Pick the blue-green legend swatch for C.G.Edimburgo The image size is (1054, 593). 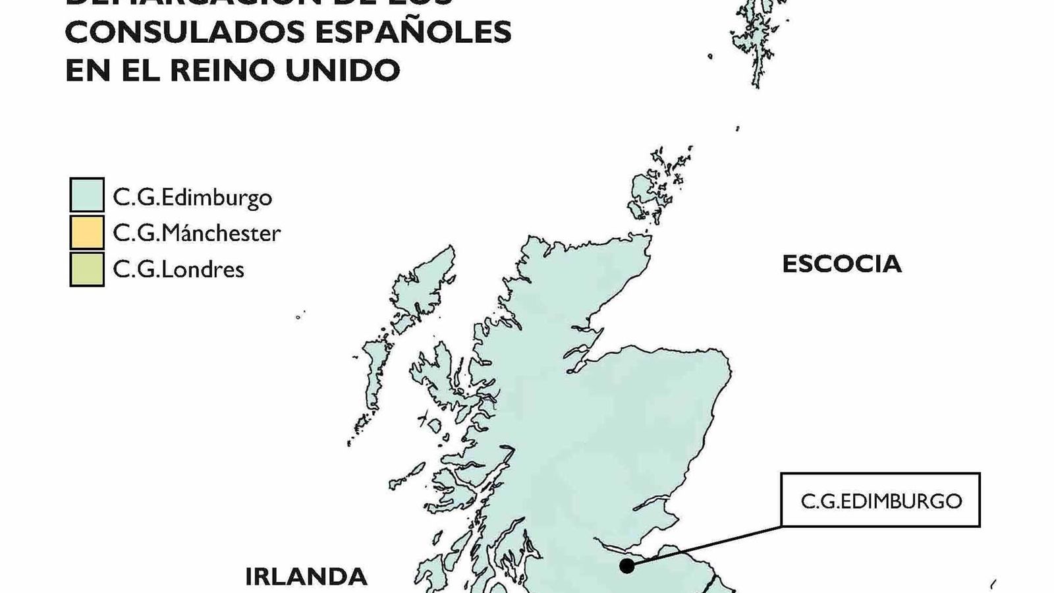coord(87,195)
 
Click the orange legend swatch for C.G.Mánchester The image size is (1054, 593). coord(87,232)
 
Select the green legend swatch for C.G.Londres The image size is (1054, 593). coord(87,269)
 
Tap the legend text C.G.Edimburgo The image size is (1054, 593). coord(192,197)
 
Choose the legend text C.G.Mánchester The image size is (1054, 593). coord(196,233)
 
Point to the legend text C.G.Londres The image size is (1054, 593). coord(179,269)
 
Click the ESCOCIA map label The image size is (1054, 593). coord(841,264)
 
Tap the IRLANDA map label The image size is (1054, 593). coord(306,577)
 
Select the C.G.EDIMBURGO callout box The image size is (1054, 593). coord(881,500)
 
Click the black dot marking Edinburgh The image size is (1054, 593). coord(626,565)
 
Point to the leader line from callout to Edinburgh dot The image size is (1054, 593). coord(705,546)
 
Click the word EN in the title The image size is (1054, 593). coord(88,70)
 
